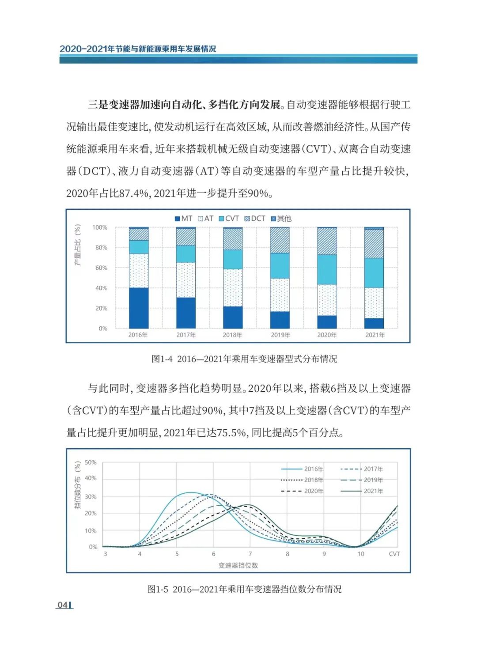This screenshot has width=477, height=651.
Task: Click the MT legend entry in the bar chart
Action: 183,219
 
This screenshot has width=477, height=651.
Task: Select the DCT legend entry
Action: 255,219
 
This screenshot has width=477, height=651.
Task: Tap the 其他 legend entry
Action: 281,219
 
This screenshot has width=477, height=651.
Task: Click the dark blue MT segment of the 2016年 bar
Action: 139,308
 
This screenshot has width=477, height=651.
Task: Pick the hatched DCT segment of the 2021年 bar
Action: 374,243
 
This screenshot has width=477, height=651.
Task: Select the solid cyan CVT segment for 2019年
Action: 280,265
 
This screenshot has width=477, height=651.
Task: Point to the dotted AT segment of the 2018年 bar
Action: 233,288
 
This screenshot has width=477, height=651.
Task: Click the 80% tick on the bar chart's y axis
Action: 101,248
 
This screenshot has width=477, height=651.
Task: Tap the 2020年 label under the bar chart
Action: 327,335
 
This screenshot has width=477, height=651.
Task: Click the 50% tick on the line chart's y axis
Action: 91,462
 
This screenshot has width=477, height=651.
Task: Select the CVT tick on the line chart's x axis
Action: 394,554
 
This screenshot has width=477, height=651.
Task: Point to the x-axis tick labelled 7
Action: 250,554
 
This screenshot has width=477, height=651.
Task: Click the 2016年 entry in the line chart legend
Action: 303,469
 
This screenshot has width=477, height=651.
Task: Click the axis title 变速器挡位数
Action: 238,565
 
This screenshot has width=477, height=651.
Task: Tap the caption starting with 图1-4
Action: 244,359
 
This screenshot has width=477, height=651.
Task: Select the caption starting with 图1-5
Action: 244,589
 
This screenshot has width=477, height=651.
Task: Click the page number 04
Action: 63,605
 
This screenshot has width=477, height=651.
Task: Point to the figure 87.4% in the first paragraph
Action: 133,193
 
